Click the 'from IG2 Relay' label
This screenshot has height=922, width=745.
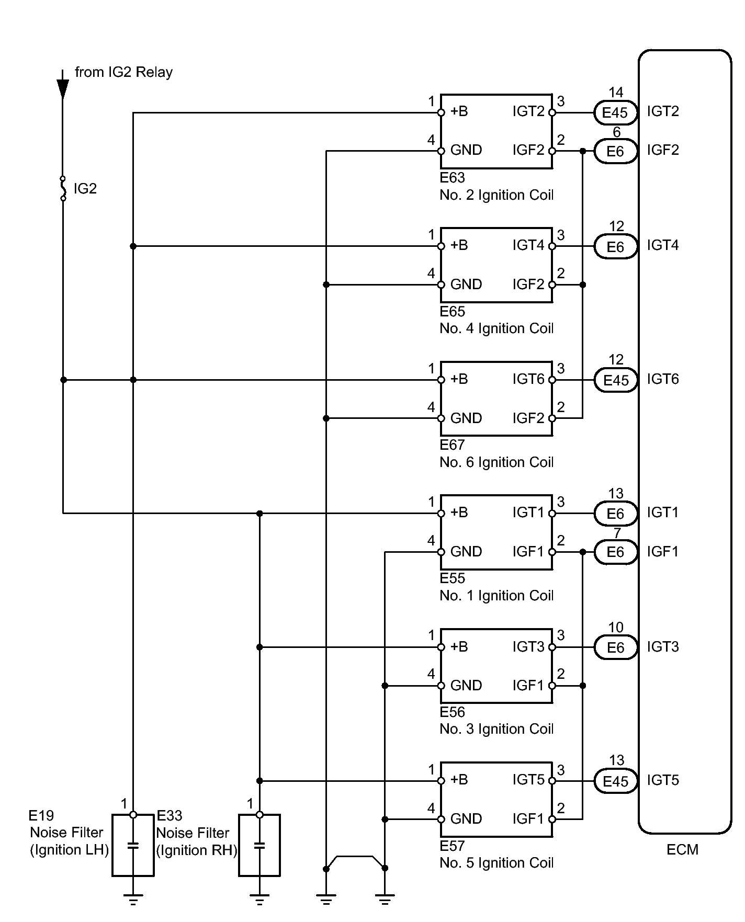point(123,72)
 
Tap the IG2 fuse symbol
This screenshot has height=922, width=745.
point(63,188)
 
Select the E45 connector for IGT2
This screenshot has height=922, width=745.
point(615,112)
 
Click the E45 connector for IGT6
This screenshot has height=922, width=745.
point(615,380)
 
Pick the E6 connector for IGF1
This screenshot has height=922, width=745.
point(615,552)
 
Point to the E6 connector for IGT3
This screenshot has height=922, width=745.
point(615,647)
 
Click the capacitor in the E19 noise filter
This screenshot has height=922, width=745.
point(133,845)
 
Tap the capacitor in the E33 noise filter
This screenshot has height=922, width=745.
point(259,845)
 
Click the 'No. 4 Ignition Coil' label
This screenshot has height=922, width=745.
point(496,328)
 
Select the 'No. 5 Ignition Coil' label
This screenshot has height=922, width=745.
point(496,863)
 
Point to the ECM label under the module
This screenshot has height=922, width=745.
point(682,850)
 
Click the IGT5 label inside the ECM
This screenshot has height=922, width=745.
point(663,780)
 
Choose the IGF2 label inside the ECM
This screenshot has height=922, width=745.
point(663,150)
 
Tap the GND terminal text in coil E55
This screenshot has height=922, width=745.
point(466,552)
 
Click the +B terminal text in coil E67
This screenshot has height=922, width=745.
point(459,379)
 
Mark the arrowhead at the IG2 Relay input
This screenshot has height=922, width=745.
point(63,89)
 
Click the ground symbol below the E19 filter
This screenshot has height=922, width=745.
point(133,900)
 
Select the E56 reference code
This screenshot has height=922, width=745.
point(452,712)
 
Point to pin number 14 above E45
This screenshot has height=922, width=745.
point(616,93)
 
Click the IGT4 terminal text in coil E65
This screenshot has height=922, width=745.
point(528,245)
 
